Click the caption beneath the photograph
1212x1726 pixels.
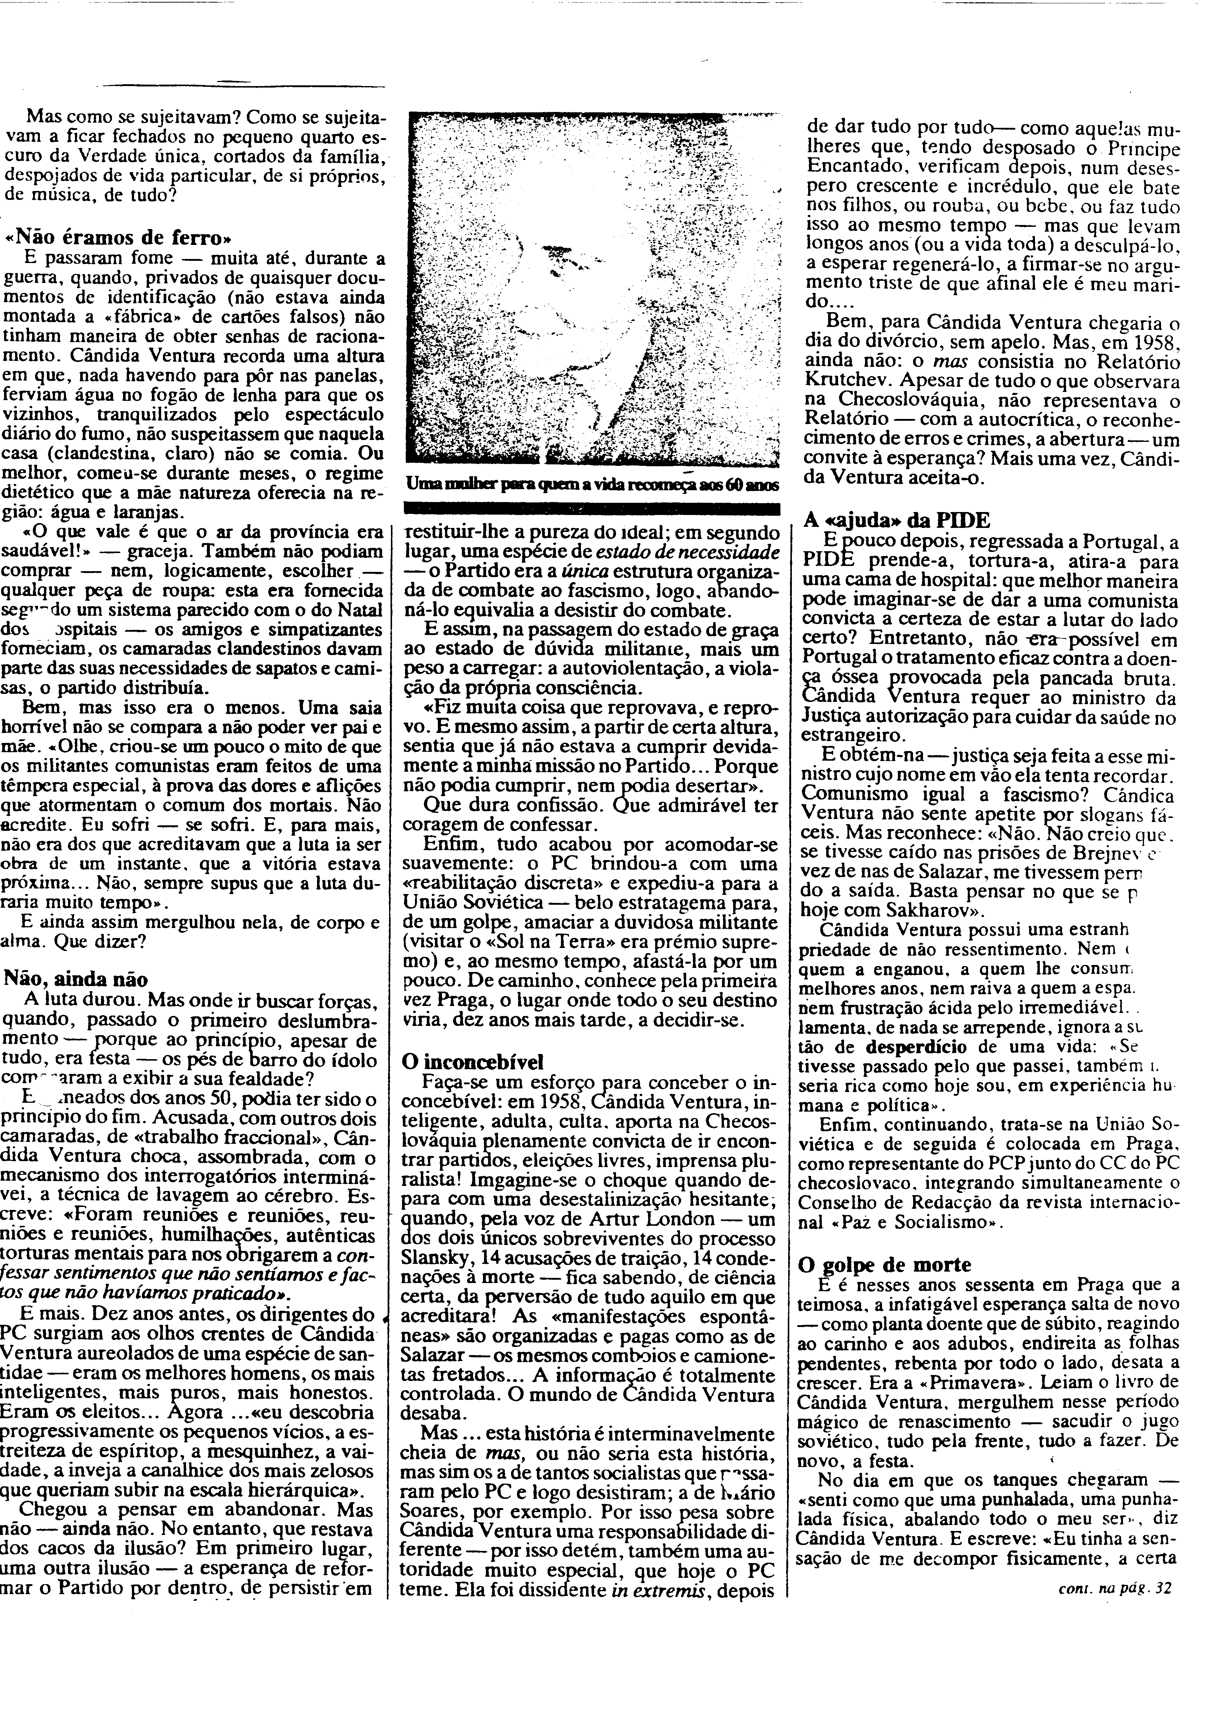click(x=591, y=487)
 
